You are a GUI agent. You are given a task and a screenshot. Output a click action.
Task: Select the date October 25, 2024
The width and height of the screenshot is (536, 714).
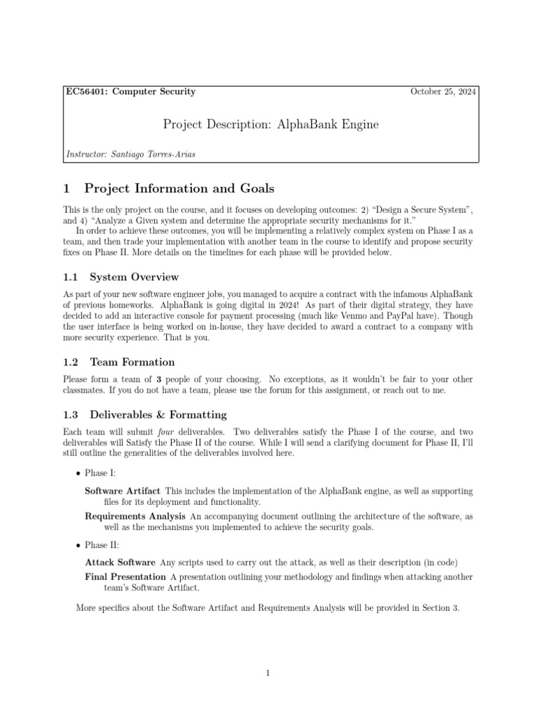click(x=443, y=91)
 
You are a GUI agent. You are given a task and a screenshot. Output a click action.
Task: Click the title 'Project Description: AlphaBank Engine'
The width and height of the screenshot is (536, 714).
click(x=271, y=124)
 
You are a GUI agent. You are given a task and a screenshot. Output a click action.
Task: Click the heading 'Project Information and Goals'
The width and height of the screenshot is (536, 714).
click(x=179, y=188)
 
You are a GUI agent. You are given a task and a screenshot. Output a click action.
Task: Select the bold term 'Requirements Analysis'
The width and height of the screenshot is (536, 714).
click(x=135, y=516)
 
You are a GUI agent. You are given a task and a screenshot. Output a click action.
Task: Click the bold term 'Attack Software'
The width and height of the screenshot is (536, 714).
click(x=119, y=561)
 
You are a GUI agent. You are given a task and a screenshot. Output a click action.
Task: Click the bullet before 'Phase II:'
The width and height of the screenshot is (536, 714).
click(x=77, y=544)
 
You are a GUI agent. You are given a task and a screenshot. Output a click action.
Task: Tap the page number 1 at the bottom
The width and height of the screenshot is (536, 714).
click(x=268, y=673)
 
